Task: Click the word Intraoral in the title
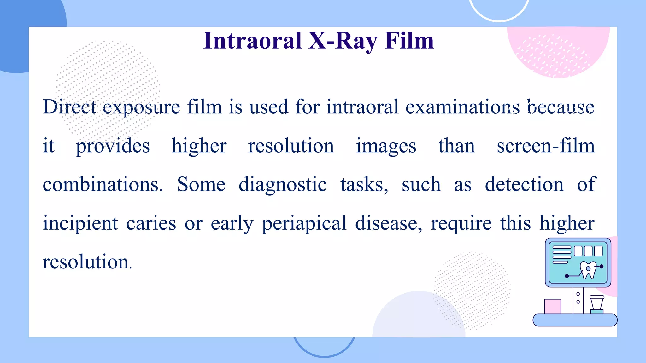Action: [x=252, y=41]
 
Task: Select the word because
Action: [x=561, y=107]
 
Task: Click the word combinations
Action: [x=103, y=185]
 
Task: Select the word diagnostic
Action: [x=282, y=185]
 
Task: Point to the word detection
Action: [x=524, y=185]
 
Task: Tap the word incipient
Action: [x=80, y=224]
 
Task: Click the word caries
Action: [x=151, y=224]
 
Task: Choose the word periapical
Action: [x=304, y=224]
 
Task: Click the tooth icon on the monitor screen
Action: [x=588, y=270]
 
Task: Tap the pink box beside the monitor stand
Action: [x=553, y=306]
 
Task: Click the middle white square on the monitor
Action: [x=588, y=251]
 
